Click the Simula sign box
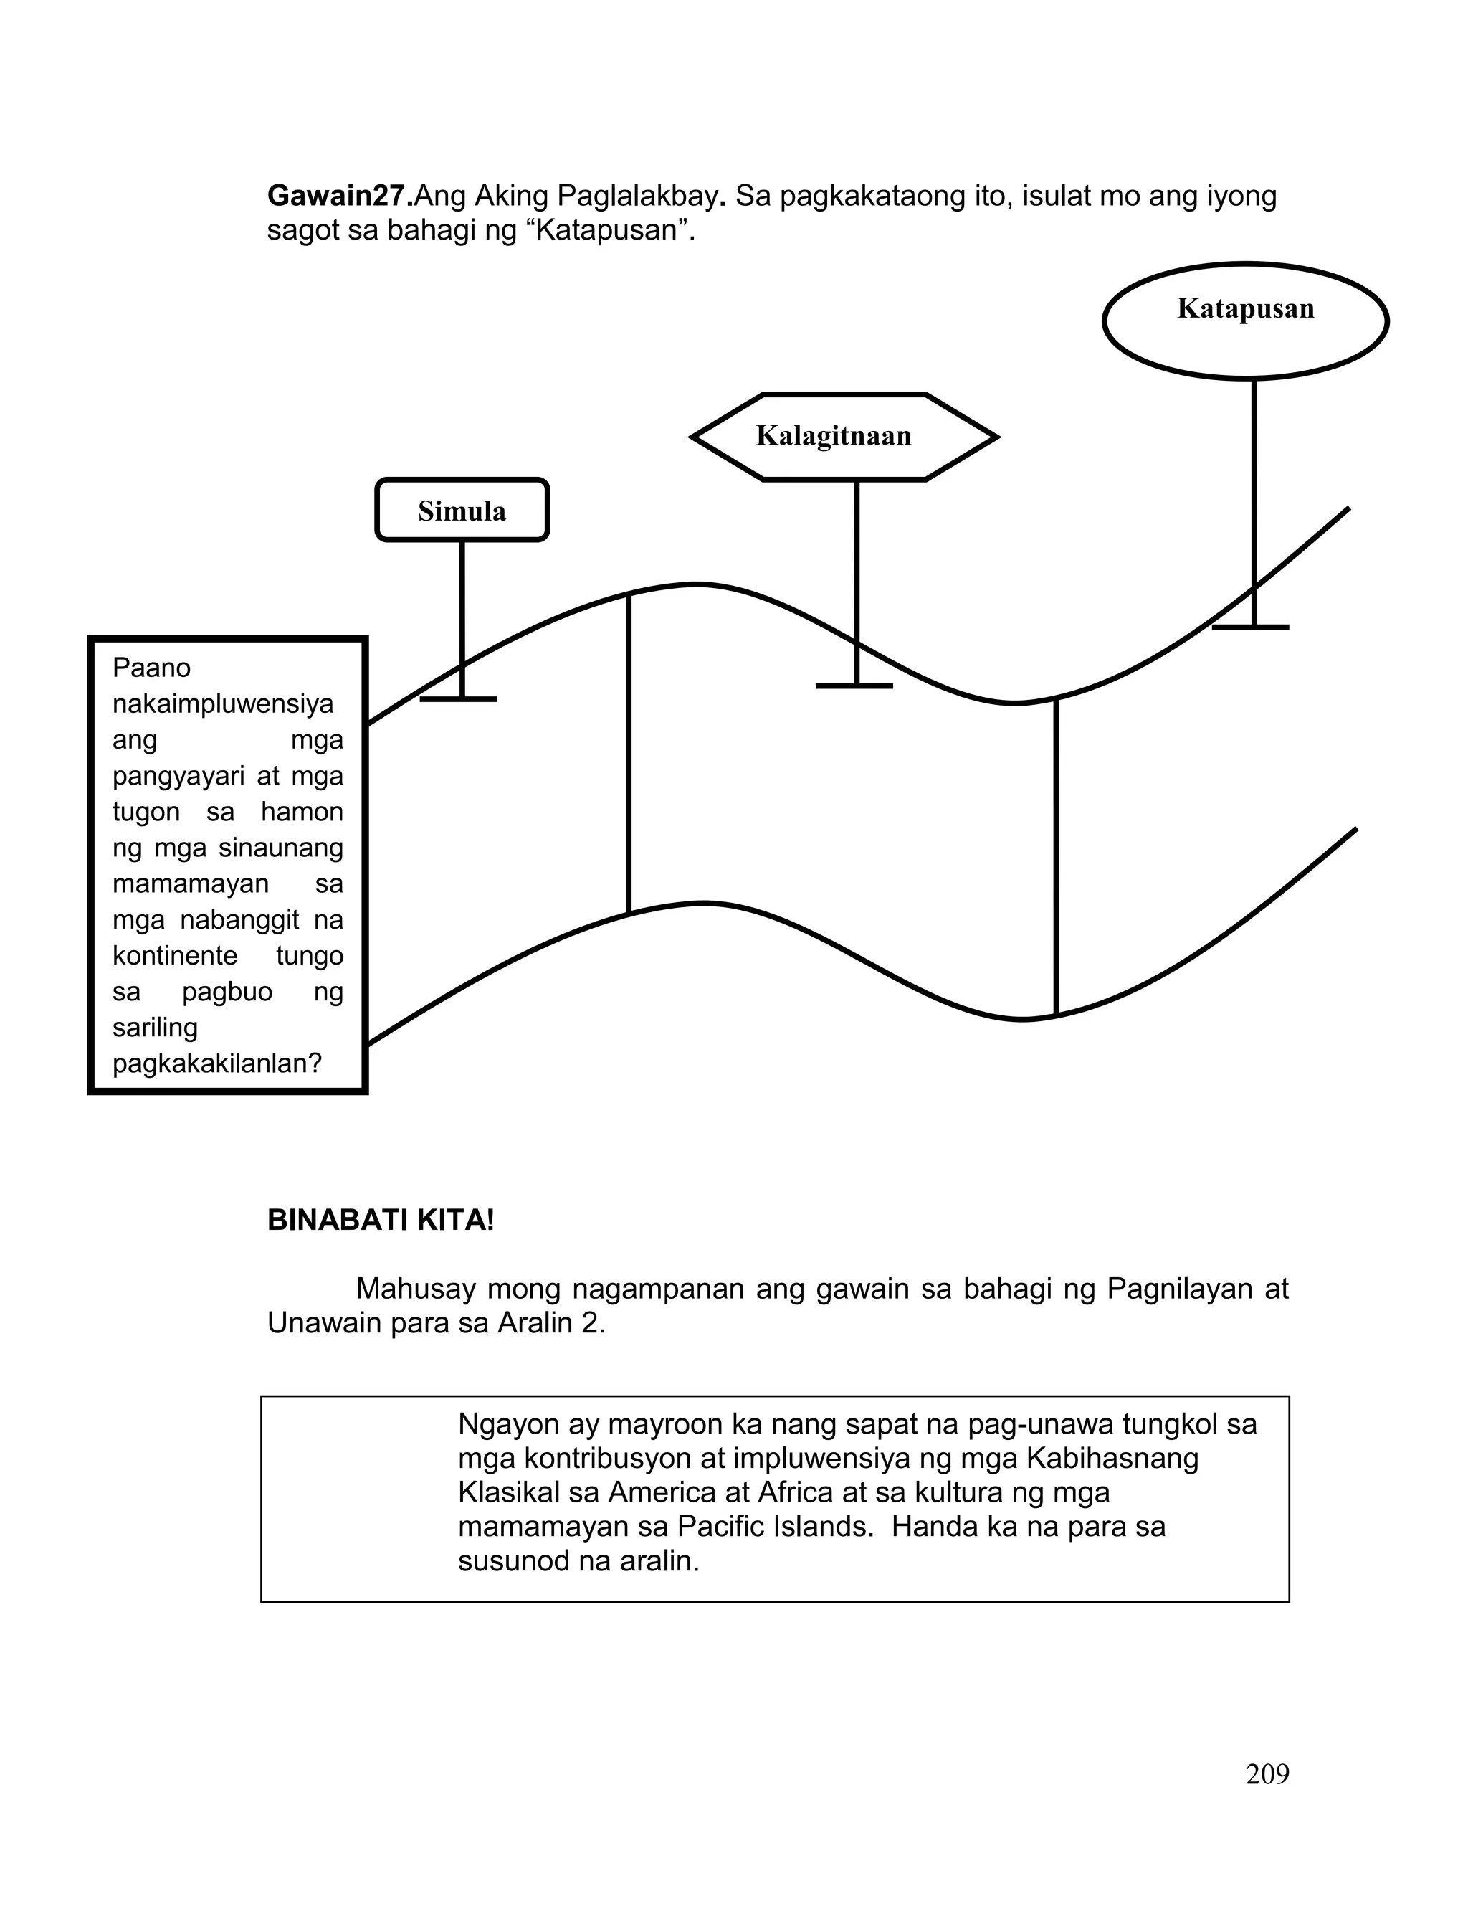(462, 511)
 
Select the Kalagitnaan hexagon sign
(834, 435)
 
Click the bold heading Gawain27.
(340, 196)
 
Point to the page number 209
(1267, 1774)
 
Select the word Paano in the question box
(151, 668)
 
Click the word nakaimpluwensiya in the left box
(223, 703)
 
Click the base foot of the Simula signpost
(459, 699)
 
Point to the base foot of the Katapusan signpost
(1250, 627)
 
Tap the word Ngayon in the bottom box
(507, 1423)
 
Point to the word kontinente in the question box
(175, 955)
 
